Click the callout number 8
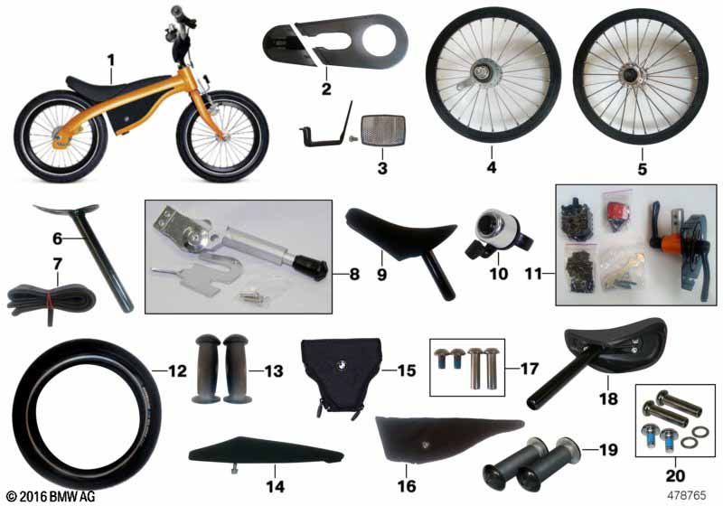coord(353,274)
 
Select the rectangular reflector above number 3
coord(383,130)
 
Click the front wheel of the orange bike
coord(222,136)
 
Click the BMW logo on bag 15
coord(342,364)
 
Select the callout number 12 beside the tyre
coord(177,371)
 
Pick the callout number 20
coord(675,475)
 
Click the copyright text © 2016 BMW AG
coord(52,496)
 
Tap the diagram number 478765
coord(686,495)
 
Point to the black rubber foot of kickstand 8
coord(312,268)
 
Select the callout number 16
coord(406,486)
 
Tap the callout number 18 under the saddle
coord(608,398)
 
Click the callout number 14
coord(275,487)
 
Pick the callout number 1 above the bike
coord(110,61)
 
